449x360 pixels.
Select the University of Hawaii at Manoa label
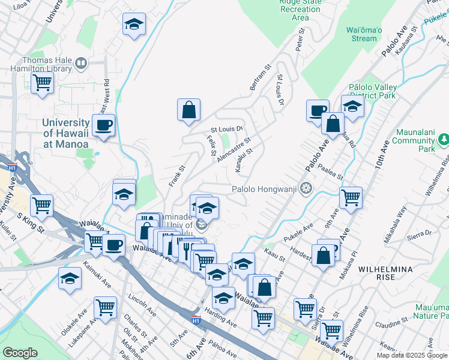pyautogui.click(x=65, y=133)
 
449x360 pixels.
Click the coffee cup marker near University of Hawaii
pyautogui.click(x=104, y=125)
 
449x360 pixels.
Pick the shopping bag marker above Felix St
pyautogui.click(x=188, y=110)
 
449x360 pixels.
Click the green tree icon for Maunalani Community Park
pyautogui.click(x=444, y=140)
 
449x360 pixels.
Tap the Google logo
pyautogui.click(x=20, y=353)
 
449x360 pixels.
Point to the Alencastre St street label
pyautogui.click(x=234, y=149)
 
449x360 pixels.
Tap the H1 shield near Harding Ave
pyautogui.click(x=196, y=320)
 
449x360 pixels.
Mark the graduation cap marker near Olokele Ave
pyautogui.click(x=70, y=278)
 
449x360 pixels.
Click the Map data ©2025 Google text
pyautogui.click(x=412, y=355)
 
